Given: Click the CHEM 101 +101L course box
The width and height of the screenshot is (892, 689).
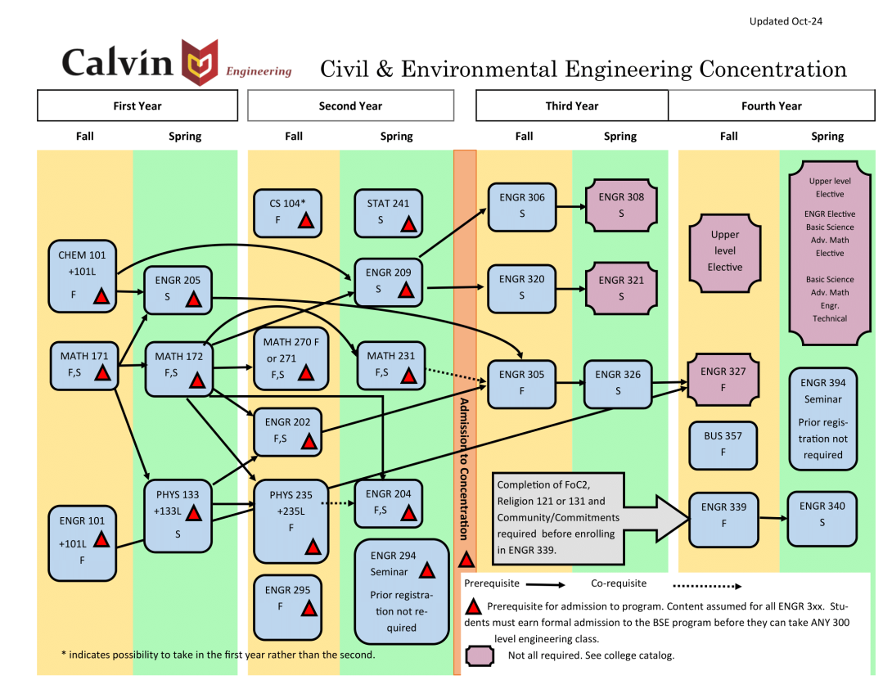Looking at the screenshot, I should click(x=83, y=276).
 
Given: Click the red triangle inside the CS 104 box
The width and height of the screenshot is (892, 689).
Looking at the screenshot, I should click(x=305, y=220).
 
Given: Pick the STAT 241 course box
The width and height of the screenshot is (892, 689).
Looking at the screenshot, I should click(x=389, y=212).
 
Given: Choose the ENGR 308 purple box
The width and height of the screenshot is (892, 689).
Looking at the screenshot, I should click(x=620, y=205).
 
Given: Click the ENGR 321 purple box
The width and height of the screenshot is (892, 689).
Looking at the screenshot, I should click(x=620, y=288).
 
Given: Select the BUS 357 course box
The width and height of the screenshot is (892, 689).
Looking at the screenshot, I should click(x=723, y=444).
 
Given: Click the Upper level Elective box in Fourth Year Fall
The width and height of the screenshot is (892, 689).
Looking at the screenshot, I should click(x=724, y=251).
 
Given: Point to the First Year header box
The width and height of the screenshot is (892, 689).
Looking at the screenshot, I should click(x=137, y=106).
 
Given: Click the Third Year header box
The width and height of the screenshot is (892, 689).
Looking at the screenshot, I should click(x=572, y=106).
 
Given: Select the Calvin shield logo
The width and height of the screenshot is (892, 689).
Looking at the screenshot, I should click(x=200, y=62).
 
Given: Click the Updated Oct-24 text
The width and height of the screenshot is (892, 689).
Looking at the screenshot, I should click(x=786, y=21).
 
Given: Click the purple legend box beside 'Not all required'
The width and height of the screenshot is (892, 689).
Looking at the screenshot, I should click(x=480, y=655).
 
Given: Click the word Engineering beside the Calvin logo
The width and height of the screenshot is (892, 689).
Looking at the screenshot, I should click(x=259, y=71).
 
